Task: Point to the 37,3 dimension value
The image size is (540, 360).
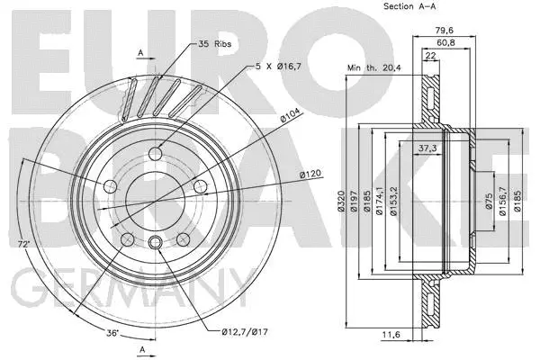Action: pyautogui.click(x=428, y=148)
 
